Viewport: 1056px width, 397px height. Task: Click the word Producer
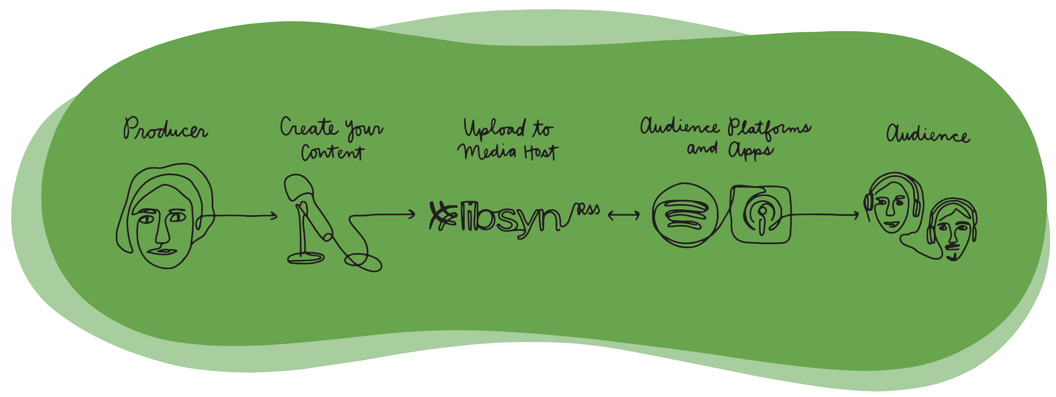(166, 128)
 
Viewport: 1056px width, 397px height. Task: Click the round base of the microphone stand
(306, 258)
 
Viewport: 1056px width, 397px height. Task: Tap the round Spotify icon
(685, 215)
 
